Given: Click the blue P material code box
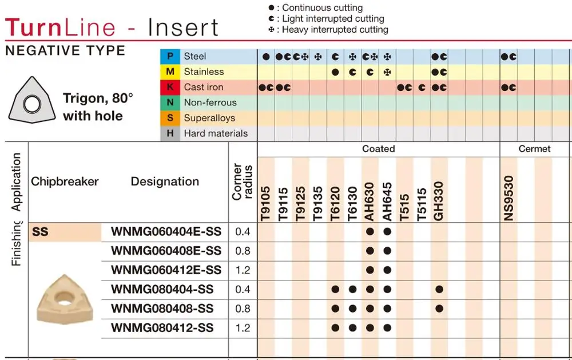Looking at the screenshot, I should (170, 56).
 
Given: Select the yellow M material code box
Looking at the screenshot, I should (170, 72).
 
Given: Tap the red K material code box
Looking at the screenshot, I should (170, 87).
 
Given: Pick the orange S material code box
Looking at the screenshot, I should (170, 118).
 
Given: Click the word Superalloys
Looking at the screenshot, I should (209, 118).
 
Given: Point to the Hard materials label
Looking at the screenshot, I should (216, 133).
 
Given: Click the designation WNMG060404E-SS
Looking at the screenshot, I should (166, 232).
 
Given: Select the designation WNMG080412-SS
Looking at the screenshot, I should (162, 328).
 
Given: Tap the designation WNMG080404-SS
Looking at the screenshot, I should (162, 289).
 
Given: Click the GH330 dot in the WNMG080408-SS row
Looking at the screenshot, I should (439, 308).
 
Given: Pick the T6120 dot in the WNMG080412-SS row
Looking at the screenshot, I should (335, 328).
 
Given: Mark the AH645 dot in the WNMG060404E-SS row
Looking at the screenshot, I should (387, 232).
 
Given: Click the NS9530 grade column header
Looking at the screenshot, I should (509, 197).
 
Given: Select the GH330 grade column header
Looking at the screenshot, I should (439, 201).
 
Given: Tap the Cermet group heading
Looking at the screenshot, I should (534, 149).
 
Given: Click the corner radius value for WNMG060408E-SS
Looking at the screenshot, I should (243, 251).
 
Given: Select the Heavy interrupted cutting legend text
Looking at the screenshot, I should (335, 30).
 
